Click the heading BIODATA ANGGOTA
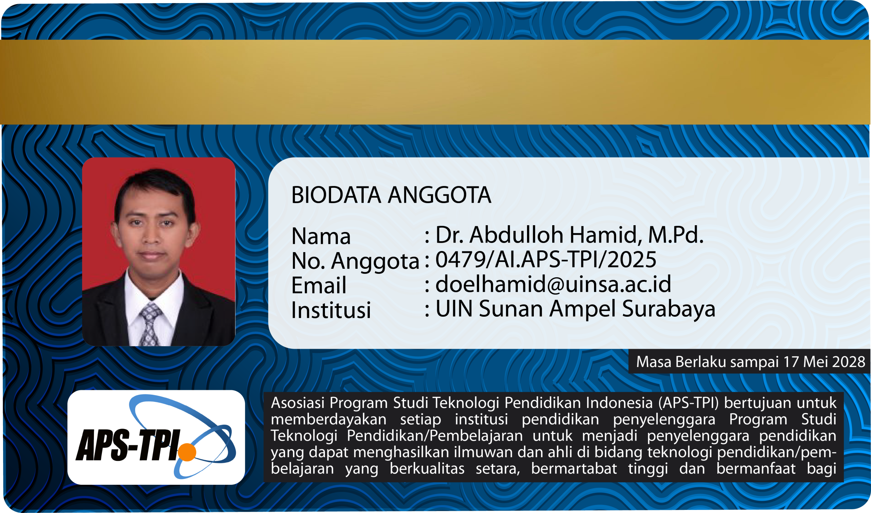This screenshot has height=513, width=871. (391, 195)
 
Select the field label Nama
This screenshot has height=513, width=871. (321, 236)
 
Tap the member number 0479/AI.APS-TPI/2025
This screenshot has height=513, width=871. (546, 259)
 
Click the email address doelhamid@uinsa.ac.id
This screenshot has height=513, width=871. (553, 284)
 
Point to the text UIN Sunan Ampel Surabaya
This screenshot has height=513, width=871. (575, 309)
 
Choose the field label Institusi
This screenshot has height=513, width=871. (331, 310)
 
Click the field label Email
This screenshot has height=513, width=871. (319, 285)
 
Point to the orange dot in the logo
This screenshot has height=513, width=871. (187, 452)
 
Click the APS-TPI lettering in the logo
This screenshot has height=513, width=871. (128, 445)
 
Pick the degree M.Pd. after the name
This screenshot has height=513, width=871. (676, 235)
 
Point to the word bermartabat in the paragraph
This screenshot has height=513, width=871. (574, 468)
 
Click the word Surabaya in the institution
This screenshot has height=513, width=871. (669, 309)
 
